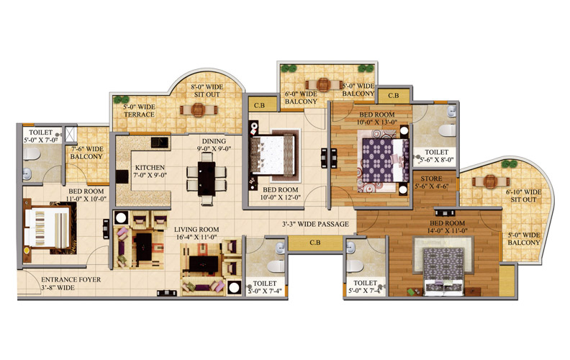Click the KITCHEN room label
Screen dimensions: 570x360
click(150, 167)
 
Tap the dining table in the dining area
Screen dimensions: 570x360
click(207, 178)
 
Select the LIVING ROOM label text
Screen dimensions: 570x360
click(196, 230)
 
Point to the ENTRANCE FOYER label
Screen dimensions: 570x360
click(71, 279)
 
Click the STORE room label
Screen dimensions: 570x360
click(432, 179)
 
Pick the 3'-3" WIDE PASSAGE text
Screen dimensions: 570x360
click(315, 224)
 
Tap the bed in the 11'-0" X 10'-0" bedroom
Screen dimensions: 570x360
click(47, 228)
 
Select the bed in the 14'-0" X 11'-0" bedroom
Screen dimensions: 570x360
click(443, 269)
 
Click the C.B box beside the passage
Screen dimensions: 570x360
click(315, 243)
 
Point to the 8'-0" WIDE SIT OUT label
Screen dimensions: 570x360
click(207, 91)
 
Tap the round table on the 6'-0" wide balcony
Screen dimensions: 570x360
click(323, 85)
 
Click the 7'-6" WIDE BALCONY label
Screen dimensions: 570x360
click(86, 153)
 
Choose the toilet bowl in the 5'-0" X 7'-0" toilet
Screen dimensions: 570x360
click(31, 154)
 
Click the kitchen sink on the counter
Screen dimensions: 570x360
click(160, 142)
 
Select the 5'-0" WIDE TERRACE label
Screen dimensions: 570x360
click(139, 111)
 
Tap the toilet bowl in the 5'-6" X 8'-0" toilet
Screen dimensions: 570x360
click(448, 130)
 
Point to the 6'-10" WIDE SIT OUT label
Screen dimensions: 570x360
click(523, 196)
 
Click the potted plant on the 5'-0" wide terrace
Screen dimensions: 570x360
click(122, 99)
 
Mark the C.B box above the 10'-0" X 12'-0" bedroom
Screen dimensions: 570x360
click(259, 105)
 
